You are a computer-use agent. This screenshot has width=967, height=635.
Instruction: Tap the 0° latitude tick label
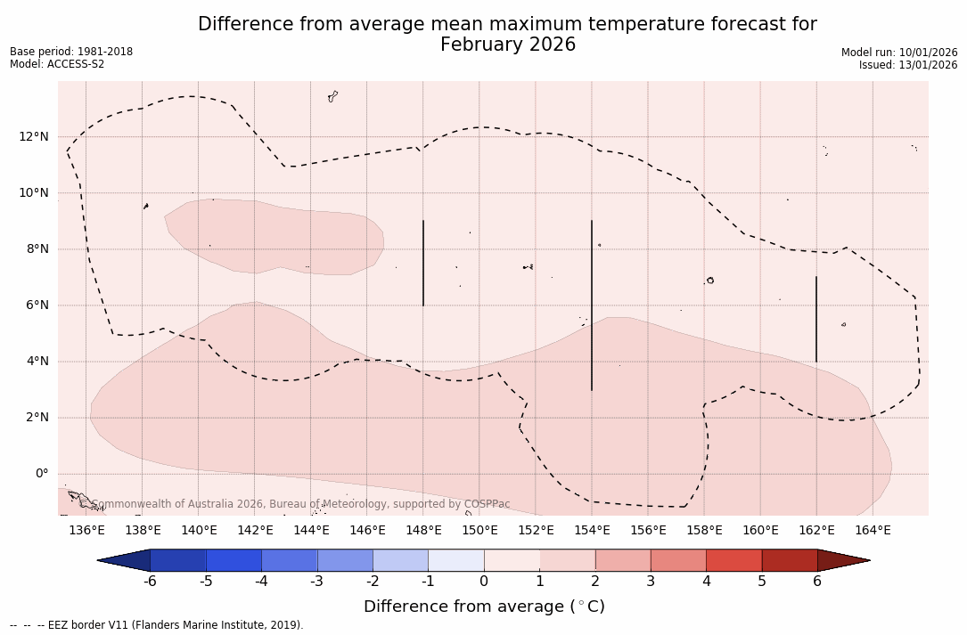click(x=41, y=473)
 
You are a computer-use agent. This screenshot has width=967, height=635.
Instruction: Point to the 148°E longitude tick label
click(x=423, y=530)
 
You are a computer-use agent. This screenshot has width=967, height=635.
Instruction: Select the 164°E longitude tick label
click(x=873, y=530)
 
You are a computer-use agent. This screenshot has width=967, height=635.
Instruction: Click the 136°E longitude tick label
click(x=86, y=530)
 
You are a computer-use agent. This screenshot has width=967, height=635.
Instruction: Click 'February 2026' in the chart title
click(x=508, y=45)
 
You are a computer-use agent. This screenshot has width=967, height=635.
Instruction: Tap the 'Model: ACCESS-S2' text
click(x=57, y=64)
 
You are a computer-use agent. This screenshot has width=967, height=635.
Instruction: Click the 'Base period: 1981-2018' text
click(x=71, y=52)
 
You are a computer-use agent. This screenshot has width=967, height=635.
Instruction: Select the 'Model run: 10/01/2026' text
click(x=899, y=53)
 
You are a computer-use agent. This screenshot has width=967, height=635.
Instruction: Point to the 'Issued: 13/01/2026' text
click(x=908, y=65)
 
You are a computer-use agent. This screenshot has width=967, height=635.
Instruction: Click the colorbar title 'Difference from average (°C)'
click(x=484, y=607)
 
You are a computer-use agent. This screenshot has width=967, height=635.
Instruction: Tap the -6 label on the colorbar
click(x=150, y=582)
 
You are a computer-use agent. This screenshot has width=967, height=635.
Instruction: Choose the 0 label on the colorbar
click(x=484, y=582)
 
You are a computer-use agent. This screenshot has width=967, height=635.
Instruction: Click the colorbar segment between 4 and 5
click(x=733, y=560)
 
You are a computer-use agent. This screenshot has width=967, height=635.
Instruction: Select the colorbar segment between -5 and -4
click(x=234, y=560)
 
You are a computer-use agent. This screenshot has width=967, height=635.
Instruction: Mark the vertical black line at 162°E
click(x=816, y=319)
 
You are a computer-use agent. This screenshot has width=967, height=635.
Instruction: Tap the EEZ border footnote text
click(x=156, y=625)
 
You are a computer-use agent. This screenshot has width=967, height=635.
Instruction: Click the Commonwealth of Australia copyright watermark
click(x=300, y=504)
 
